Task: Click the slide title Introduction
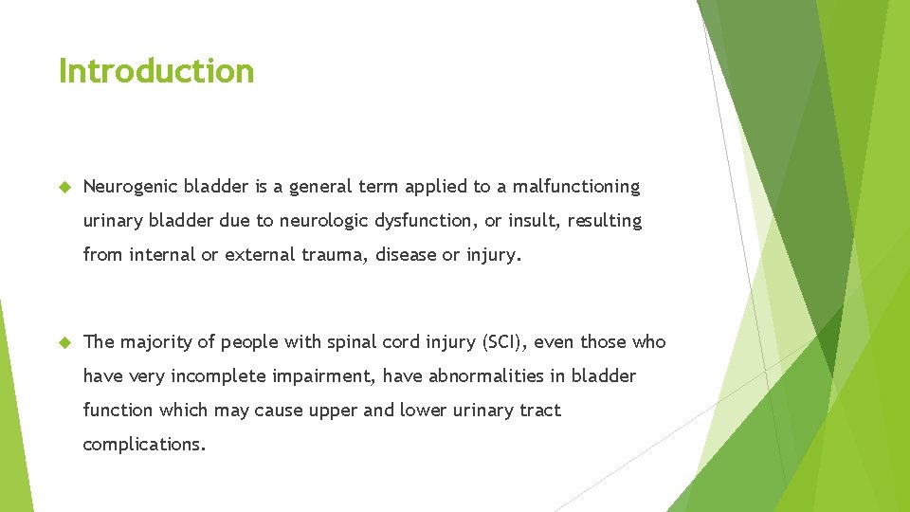156,71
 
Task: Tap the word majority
155,342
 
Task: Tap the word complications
144,445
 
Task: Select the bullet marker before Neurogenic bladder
65,187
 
